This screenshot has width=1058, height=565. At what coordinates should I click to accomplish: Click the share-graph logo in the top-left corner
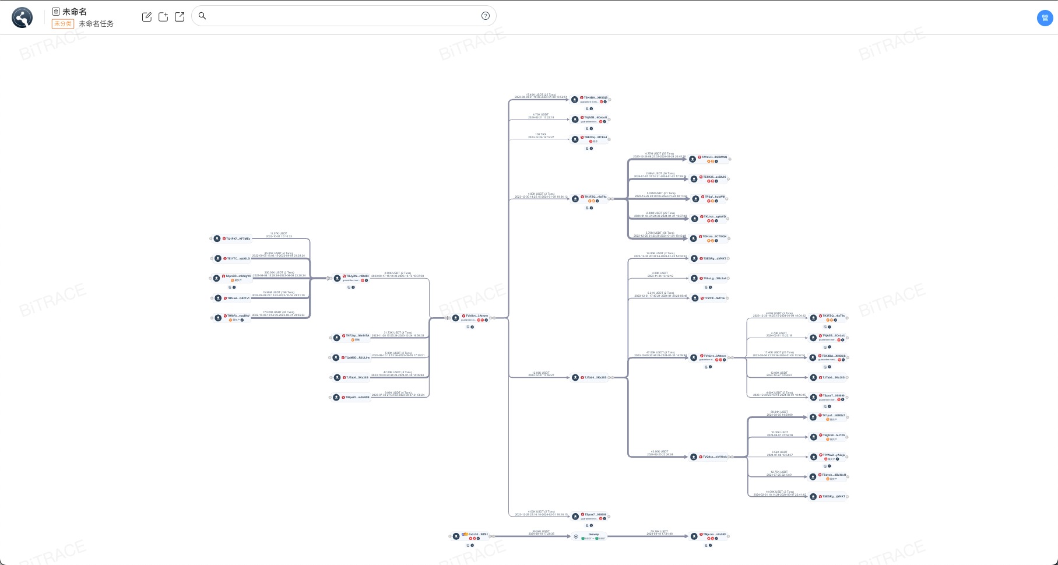click(x=22, y=17)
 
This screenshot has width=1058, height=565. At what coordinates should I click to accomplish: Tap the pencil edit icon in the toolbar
click(x=147, y=17)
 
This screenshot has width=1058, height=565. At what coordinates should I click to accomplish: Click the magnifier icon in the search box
click(x=202, y=16)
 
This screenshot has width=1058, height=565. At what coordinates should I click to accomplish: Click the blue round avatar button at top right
click(x=1045, y=18)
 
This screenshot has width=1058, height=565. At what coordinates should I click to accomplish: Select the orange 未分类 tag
click(x=62, y=24)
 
